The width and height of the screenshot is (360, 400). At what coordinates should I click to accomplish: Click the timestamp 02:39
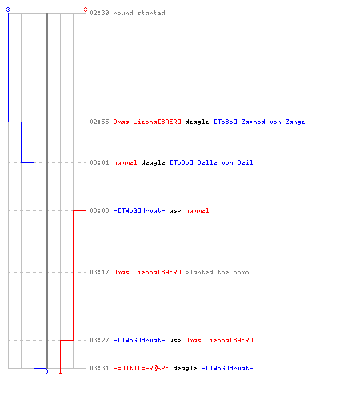(99, 13)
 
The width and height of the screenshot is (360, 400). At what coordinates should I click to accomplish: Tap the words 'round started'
(139, 13)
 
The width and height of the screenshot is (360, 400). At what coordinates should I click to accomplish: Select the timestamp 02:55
(99, 122)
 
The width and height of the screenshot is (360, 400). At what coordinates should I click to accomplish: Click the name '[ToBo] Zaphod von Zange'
(259, 122)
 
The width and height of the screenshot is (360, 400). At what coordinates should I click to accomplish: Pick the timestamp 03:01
(99, 162)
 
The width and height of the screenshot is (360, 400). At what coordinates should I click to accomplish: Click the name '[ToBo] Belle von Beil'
(211, 162)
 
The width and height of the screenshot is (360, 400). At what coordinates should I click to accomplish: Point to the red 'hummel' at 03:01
(125, 162)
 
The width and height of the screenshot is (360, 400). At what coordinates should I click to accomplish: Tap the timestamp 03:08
(99, 210)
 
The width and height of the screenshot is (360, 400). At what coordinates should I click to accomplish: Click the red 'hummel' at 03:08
(197, 210)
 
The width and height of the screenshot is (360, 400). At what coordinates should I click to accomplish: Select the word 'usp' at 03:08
(175, 211)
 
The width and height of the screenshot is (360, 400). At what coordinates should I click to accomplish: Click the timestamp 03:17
(99, 272)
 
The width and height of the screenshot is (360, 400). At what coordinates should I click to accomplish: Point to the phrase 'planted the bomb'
(217, 272)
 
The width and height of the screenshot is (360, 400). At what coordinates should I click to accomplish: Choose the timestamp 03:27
(99, 340)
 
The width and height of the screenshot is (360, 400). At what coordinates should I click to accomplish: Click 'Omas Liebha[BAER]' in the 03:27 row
(219, 340)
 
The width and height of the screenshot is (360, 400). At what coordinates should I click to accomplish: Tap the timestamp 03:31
(99, 368)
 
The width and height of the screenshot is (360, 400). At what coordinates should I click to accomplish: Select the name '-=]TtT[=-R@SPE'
(141, 368)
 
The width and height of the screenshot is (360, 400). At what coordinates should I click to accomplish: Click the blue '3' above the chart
(8, 10)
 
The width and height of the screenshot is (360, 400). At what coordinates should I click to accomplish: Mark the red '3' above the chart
(86, 10)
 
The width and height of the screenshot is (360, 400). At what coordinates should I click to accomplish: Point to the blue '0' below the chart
(46, 371)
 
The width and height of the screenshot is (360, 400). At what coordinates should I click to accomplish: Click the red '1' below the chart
(60, 371)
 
